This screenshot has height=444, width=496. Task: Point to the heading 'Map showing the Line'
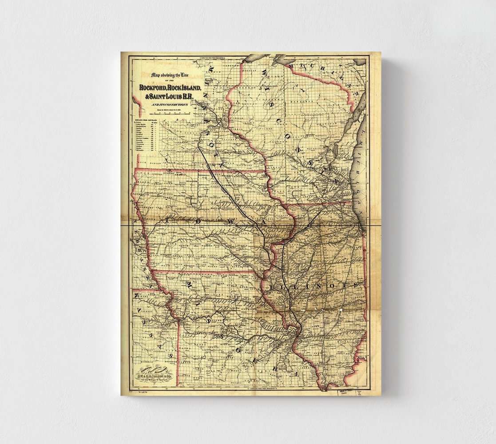click(168, 75)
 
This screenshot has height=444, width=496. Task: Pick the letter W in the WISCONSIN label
click(263, 71)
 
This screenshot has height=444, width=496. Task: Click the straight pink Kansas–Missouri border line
click(178, 351)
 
